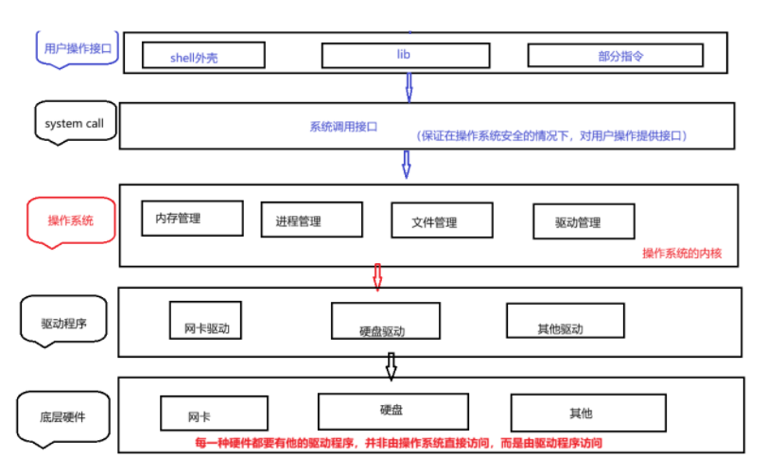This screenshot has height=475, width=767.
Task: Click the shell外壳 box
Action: coord(201,56)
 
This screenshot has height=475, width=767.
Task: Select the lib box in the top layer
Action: coord(403,55)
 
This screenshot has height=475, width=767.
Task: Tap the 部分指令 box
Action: coord(615,56)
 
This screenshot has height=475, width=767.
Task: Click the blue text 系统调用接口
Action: coord(343,126)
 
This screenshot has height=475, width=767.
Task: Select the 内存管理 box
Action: coord(192,219)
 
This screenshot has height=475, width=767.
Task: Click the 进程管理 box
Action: coord(311,220)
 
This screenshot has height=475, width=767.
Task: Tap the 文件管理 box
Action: coord(442,221)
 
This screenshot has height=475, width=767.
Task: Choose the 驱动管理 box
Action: coord(584,222)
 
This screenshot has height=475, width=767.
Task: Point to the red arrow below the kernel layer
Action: coord(376,276)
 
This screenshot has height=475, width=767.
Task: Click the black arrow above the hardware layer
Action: coord(391,364)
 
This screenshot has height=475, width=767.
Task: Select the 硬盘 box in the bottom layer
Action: coord(392,410)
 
